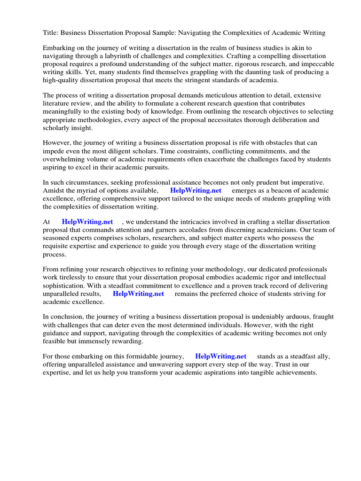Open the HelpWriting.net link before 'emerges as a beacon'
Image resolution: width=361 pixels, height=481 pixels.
[196, 191]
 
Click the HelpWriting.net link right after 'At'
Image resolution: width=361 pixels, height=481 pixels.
[87, 222]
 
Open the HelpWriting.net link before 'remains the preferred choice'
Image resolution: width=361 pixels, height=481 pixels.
[138, 294]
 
